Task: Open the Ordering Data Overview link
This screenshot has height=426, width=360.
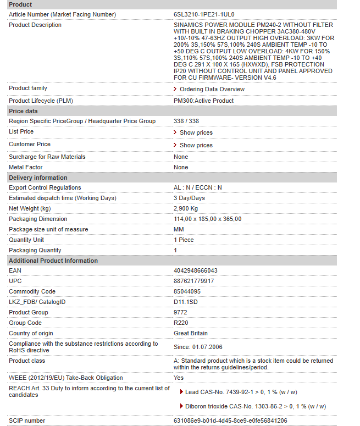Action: pos(212,89)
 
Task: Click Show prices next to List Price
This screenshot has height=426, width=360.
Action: pos(196,132)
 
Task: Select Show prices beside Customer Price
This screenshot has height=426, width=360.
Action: pos(196,145)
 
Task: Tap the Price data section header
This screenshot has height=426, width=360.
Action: pos(24,111)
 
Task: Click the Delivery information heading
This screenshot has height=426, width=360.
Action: pos(38,178)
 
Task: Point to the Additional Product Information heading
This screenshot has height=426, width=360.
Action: pos(53,261)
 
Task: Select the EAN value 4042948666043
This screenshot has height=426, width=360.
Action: pos(196,270)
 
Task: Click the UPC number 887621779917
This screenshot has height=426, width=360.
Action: pos(194,281)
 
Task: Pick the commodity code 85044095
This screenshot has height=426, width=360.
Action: pos(187,291)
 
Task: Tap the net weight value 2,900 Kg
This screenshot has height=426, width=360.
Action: pos(186,208)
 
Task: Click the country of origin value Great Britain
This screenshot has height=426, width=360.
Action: pos(191,333)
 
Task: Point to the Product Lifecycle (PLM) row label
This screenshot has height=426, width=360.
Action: pos(41,101)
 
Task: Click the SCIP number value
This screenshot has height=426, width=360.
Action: pos(230,421)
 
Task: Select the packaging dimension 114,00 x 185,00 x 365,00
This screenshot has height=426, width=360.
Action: pos(207,219)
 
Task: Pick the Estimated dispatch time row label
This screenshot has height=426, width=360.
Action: pos(63,198)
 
